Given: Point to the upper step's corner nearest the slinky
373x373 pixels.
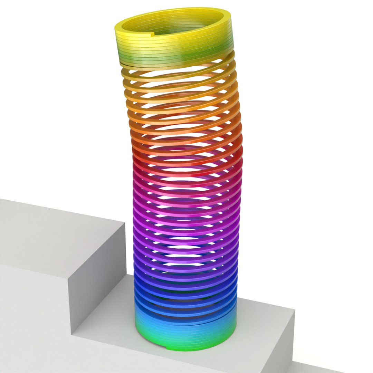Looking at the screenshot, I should click(125, 223).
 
